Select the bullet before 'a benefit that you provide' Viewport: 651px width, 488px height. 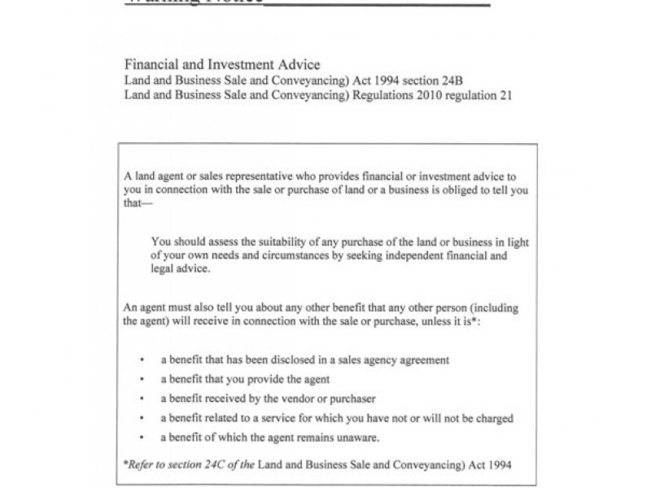click(x=142, y=379)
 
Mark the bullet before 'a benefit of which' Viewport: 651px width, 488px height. click(x=142, y=438)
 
